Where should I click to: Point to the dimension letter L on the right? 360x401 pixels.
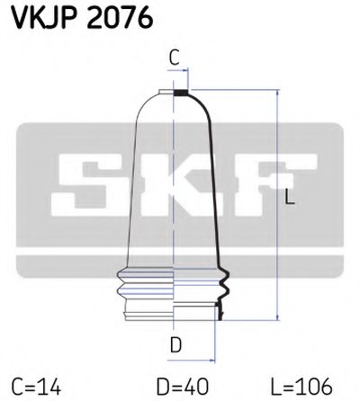(x=289, y=200)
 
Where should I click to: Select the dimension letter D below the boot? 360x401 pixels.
(x=177, y=343)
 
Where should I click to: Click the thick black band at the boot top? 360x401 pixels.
(x=181, y=92)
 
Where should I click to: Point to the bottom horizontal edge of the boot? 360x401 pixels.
(x=171, y=322)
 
